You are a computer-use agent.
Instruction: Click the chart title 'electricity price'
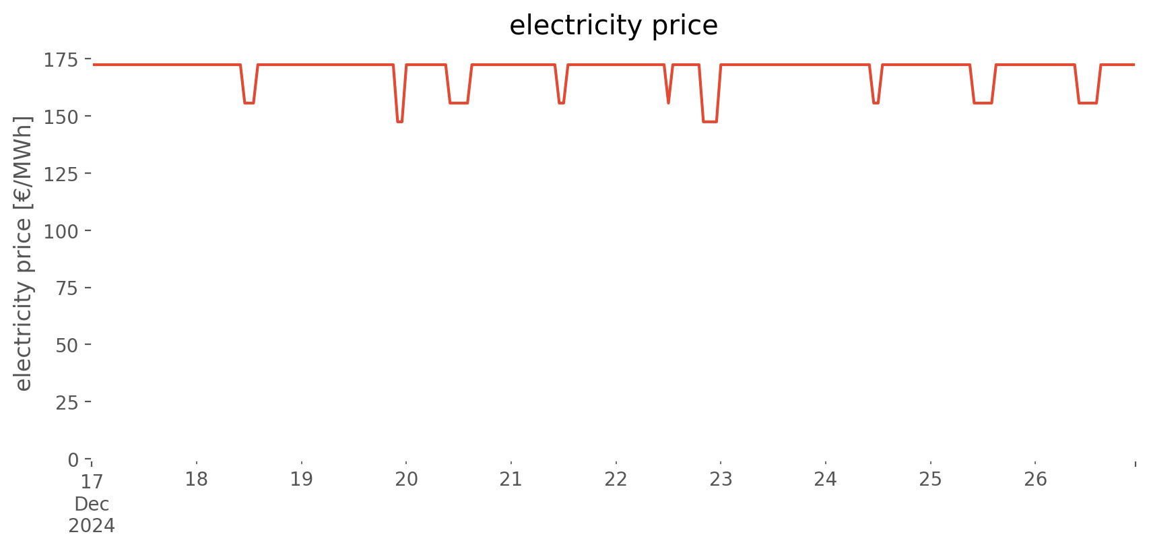(x=614, y=25)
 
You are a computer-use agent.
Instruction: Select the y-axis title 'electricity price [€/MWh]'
(x=23, y=253)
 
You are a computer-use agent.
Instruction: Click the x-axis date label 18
(x=197, y=479)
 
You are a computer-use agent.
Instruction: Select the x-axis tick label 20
(x=406, y=479)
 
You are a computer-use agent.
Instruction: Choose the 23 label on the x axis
(x=721, y=479)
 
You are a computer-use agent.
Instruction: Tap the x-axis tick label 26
(x=1035, y=479)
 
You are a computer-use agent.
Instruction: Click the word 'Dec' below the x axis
(x=92, y=505)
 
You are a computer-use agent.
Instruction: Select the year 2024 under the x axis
(x=92, y=526)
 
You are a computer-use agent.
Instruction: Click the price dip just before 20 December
(x=400, y=122)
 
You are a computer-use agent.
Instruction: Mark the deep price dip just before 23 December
(x=710, y=122)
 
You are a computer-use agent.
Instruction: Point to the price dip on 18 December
(x=249, y=103)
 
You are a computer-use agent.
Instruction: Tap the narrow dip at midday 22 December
(x=668, y=102)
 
